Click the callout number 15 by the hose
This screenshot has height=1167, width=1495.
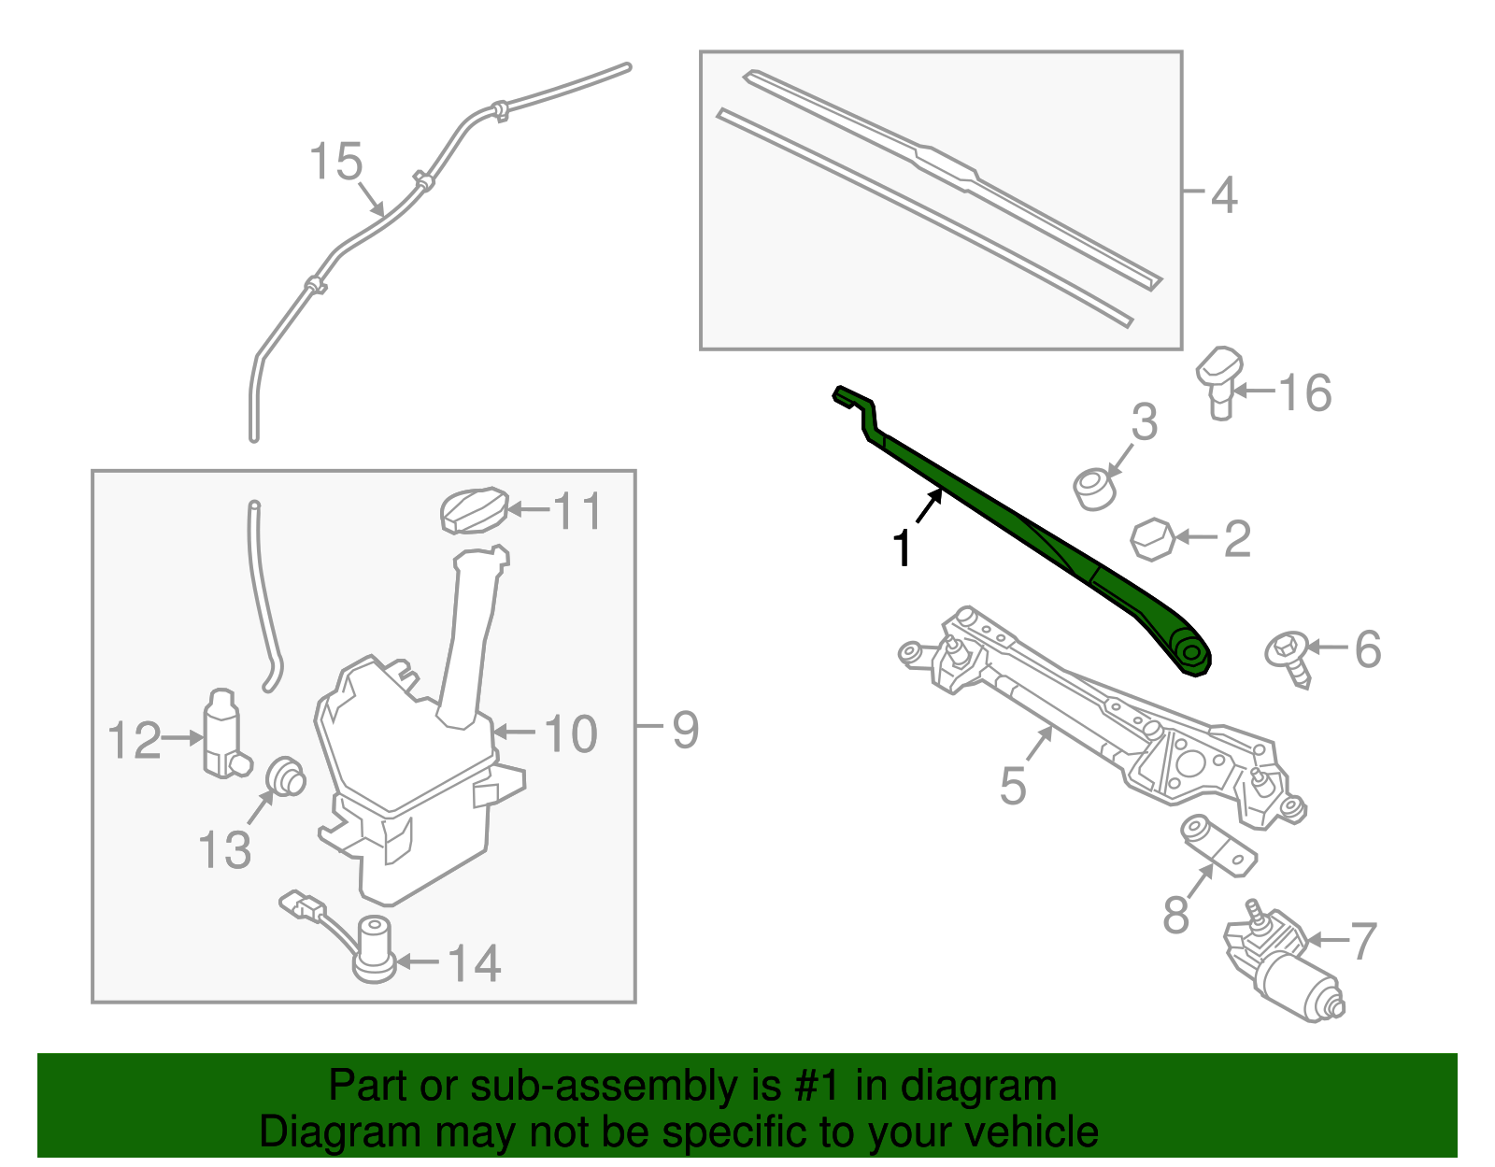click(335, 162)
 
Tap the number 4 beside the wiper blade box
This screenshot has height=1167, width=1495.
click(1223, 196)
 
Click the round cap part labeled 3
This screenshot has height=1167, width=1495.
click(1094, 489)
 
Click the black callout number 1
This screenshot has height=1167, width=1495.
click(902, 548)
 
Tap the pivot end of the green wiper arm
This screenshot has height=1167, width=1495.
click(1191, 650)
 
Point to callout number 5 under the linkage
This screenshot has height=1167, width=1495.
click(1013, 785)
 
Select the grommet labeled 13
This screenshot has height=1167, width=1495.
click(285, 776)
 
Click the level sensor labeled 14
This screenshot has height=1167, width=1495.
click(374, 948)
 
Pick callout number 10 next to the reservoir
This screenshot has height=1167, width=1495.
click(571, 734)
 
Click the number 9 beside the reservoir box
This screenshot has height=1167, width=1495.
click(686, 730)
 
